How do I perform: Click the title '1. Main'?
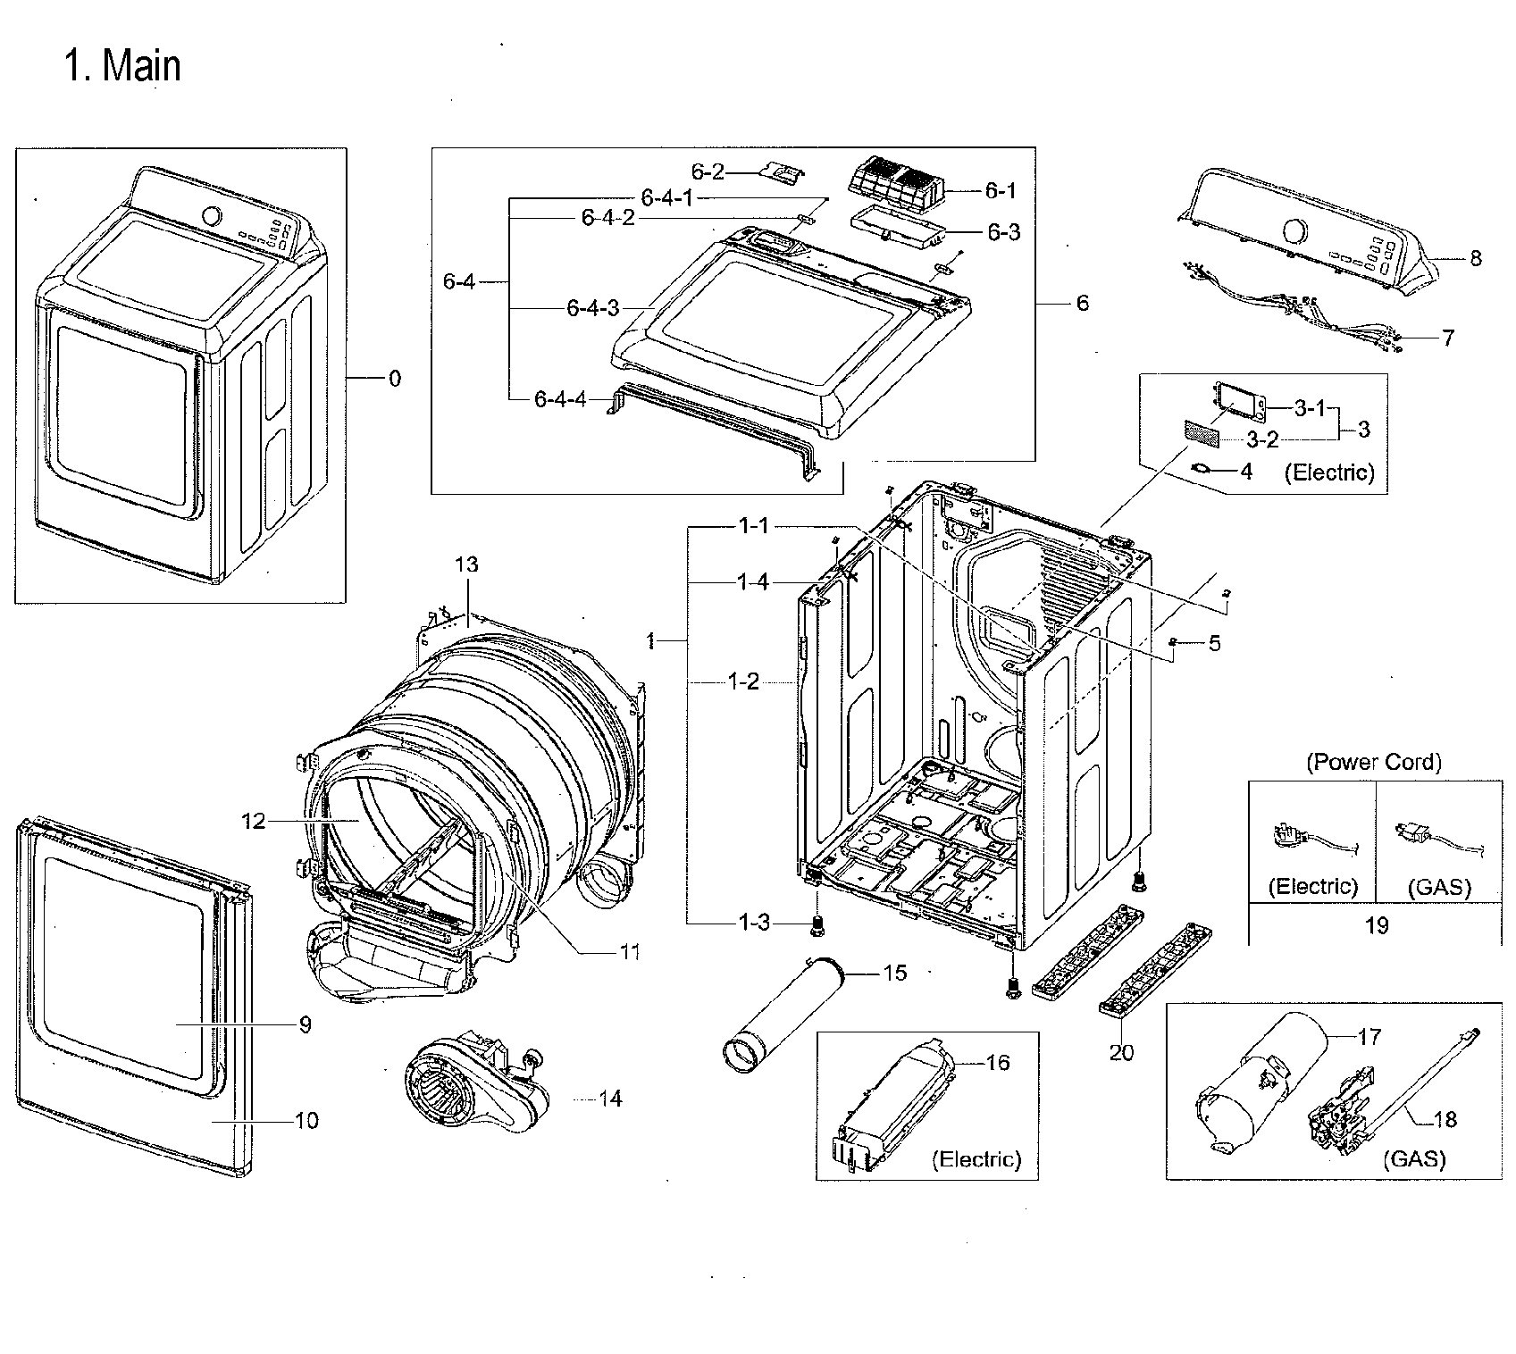coord(122,66)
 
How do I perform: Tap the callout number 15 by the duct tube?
coord(894,973)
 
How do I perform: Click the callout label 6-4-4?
coord(560,399)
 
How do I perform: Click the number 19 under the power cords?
coord(1377,925)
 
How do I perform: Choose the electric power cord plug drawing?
coord(1293,837)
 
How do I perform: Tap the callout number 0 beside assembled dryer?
coord(394,379)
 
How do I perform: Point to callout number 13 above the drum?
coord(466,564)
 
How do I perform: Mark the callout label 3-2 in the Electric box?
coord(1262,439)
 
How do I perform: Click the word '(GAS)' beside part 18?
coord(1414,1158)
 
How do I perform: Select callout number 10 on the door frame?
coord(306,1120)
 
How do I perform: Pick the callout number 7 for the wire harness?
coord(1447,338)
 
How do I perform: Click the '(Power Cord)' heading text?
coord(1374,762)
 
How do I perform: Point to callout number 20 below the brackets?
coord(1121,1052)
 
